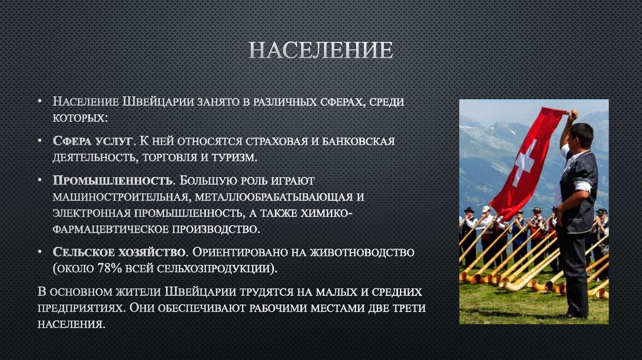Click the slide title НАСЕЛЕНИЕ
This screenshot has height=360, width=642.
(x=320, y=50)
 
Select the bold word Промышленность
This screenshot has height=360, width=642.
(x=113, y=181)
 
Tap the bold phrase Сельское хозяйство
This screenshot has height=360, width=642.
(x=119, y=252)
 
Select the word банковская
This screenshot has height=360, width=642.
(x=358, y=141)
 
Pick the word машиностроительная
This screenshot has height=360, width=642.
(x=119, y=196)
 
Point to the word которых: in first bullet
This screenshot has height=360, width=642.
(x=80, y=117)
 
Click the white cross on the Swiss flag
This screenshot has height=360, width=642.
(x=525, y=162)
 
